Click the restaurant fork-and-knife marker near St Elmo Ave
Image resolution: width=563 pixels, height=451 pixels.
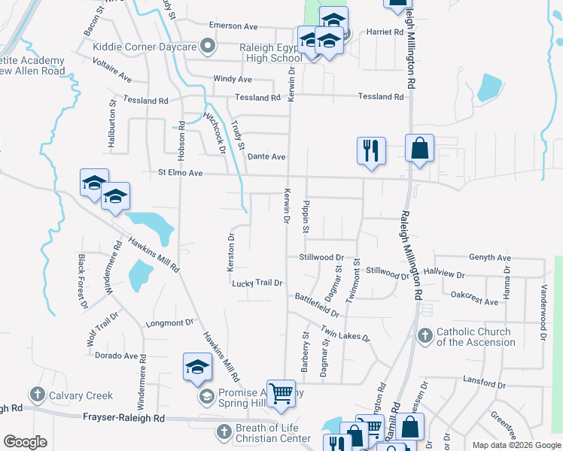tap(371, 150)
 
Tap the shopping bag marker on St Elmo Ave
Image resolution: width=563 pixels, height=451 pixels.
tap(419, 147)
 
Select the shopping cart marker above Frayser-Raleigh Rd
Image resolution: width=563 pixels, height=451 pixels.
tap(281, 392)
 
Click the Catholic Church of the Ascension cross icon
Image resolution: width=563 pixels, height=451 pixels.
tap(425, 336)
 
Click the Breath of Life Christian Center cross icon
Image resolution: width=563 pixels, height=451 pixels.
tap(224, 432)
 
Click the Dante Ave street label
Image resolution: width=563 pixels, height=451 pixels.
tap(266, 156)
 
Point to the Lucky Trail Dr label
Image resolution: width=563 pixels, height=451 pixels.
tap(257, 283)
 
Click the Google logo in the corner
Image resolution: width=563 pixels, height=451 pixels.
tap(25, 442)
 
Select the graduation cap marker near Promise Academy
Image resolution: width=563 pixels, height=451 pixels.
tap(197, 366)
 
